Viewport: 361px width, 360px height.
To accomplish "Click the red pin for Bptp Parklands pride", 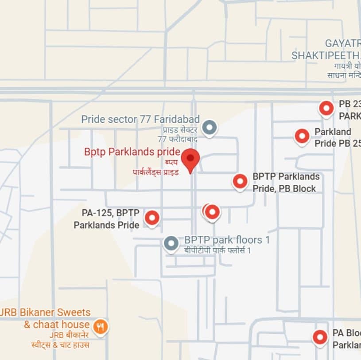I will [x=191, y=160].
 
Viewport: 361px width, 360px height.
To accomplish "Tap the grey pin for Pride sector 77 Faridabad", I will [x=210, y=128].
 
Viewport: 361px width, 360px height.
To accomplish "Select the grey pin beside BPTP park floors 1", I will [x=171, y=243].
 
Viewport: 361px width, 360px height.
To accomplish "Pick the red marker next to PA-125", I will [x=152, y=218].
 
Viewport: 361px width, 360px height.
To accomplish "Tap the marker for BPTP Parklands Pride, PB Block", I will [x=240, y=181].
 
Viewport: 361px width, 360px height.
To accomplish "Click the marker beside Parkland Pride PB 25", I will [x=302, y=136].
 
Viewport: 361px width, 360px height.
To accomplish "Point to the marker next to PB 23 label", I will [x=326, y=108].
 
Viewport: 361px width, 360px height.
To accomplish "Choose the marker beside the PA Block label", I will [x=320, y=337].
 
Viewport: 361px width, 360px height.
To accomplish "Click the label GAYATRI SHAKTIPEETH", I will [x=326, y=50].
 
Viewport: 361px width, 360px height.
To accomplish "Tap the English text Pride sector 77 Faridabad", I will [x=140, y=119].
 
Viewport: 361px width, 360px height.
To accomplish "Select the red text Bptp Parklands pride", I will [x=132, y=152].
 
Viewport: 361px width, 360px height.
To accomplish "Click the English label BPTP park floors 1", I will [x=227, y=240].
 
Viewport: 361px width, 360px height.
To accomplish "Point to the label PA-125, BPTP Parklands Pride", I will [x=107, y=219].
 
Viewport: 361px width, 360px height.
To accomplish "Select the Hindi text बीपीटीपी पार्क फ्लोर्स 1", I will [x=217, y=250].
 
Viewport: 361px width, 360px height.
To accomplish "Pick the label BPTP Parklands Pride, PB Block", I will [x=285, y=182].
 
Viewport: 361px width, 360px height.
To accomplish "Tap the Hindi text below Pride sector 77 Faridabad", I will [x=179, y=135].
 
